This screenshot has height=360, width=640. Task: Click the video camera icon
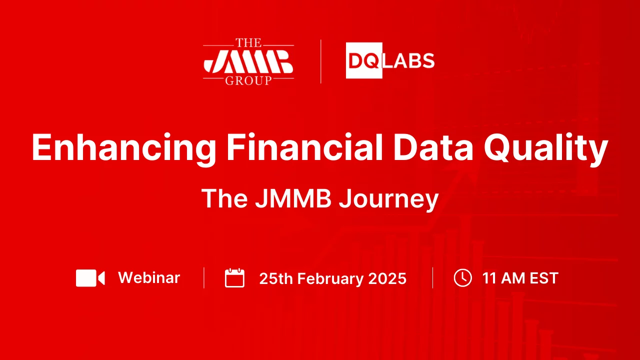point(90,278)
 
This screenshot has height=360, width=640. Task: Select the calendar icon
point(234,278)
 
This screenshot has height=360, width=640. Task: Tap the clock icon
point(462,277)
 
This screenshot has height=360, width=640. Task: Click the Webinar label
point(149,277)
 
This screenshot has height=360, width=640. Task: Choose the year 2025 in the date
point(387,278)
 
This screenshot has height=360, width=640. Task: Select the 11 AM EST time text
point(520,278)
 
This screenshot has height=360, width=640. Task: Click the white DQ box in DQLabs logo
point(364,61)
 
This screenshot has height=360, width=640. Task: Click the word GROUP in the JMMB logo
point(248,80)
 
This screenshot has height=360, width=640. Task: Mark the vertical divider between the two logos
point(320,61)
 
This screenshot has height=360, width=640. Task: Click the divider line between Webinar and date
point(204,278)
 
